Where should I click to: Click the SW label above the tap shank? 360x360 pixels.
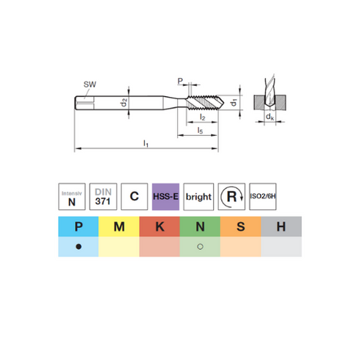tap(90, 84)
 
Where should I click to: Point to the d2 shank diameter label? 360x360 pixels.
tap(124, 102)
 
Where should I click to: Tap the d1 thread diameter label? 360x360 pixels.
tap(234, 102)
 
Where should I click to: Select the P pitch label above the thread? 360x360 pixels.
tap(180, 81)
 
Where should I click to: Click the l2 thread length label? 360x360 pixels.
tap(203, 118)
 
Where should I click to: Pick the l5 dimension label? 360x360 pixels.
tap(200, 131)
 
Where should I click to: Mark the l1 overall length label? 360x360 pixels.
tap(145, 143)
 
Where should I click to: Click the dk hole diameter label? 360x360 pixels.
tap(270, 117)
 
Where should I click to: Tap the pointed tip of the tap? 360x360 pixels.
tap(224, 102)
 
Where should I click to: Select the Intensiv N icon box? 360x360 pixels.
tap(72, 197)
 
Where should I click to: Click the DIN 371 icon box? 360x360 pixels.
tap(103, 197)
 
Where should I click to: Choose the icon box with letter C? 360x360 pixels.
tap(134, 197)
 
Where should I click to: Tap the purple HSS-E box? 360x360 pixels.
tap(165, 197)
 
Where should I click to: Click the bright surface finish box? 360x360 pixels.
tap(198, 197)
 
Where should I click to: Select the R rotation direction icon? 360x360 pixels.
tap(231, 197)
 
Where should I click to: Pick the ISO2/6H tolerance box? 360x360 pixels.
tap(263, 197)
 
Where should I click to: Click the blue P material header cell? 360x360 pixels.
tap(79, 226)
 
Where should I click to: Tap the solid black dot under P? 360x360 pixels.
tap(79, 247)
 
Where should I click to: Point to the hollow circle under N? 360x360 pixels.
tap(200, 247)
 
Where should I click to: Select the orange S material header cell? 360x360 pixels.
tap(240, 226)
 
